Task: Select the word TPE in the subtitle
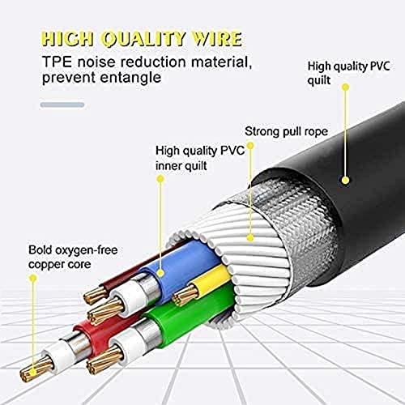(x=58, y=62)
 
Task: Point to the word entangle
(x=130, y=78)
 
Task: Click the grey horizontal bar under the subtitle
(x=62, y=104)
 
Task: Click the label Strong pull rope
(x=286, y=132)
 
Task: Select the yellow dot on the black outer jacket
(x=345, y=180)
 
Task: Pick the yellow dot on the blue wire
(x=160, y=273)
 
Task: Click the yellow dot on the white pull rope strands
(x=250, y=238)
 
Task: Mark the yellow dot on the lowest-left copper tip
(x=33, y=373)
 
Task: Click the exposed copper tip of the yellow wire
(x=185, y=295)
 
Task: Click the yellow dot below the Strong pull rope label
(x=250, y=146)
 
